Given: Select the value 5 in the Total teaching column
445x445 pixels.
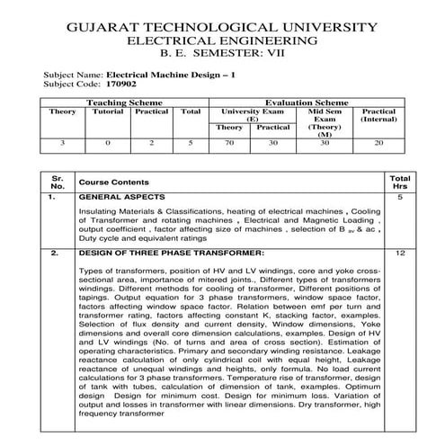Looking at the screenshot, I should pyautogui.click(x=191, y=143).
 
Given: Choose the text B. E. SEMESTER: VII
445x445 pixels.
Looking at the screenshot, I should pyautogui.click(x=223, y=56).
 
